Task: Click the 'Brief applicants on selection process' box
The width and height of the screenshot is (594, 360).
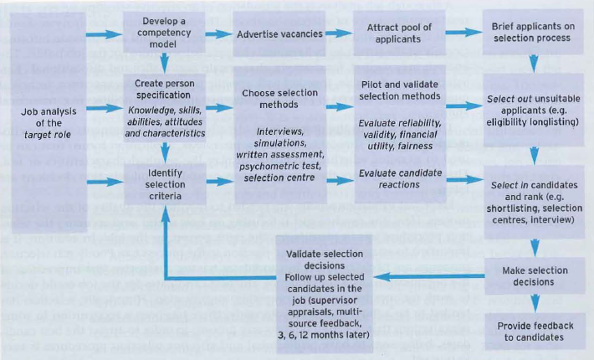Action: tap(534, 33)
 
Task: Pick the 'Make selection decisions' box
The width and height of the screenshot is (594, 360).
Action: tap(534, 277)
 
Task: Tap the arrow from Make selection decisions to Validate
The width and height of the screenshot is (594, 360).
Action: tap(432, 276)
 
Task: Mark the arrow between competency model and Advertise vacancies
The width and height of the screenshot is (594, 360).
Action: tap(219, 34)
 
